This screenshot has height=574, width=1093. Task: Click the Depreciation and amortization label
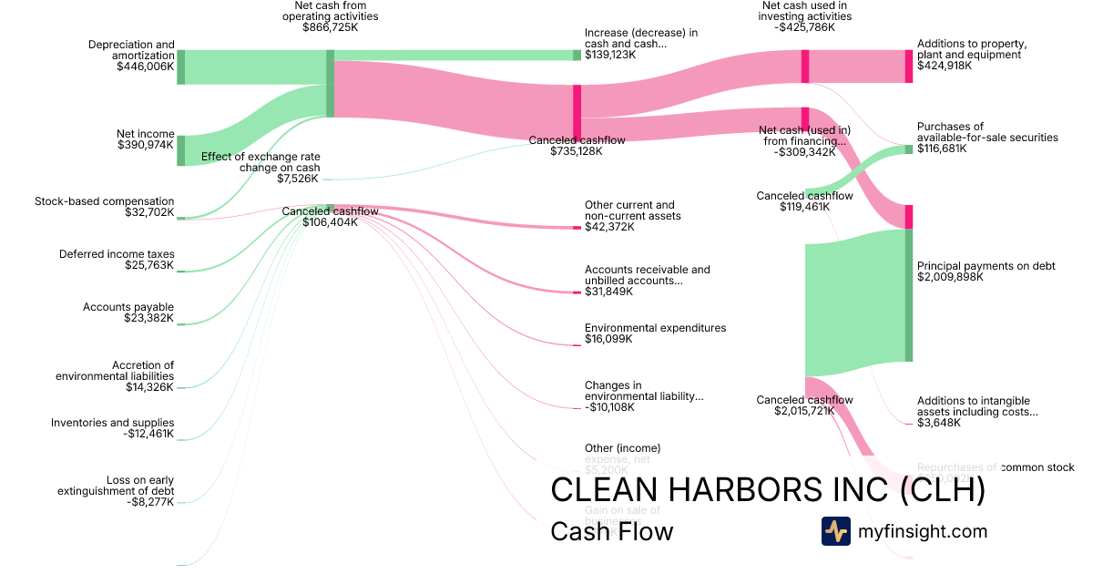pos(131,49)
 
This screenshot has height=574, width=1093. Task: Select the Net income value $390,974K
pos(146,145)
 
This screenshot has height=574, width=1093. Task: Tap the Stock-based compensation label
pos(104,201)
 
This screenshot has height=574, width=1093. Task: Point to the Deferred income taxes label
pos(117,254)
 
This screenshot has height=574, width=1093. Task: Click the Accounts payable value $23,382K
pos(148,318)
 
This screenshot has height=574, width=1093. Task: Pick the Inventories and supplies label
pos(112,423)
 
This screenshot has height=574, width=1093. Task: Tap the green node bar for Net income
pos(180,150)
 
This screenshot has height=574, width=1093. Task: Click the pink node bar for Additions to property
pos(908,67)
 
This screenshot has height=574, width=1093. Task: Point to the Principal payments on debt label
pos(986,266)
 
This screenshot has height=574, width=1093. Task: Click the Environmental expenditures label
pos(655,328)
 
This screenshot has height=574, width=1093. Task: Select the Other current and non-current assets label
pos(632,210)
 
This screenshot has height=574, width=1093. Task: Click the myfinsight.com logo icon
pos(835,531)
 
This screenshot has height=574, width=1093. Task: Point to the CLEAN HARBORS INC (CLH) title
pos(768,489)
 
